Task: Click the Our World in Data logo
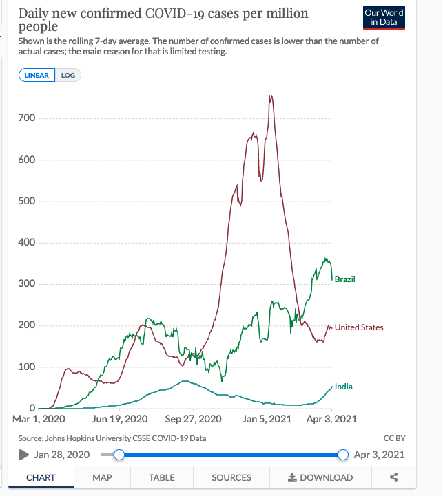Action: tap(384, 18)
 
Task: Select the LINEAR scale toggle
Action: tap(37, 75)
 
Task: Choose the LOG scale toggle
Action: tap(68, 75)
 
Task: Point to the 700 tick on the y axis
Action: tap(27, 118)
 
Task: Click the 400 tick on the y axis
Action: tap(27, 242)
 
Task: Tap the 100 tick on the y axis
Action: tap(27, 367)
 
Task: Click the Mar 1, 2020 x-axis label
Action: tap(39, 418)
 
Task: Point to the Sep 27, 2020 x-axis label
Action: tap(194, 418)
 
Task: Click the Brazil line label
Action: tap(344, 279)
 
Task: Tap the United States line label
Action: tap(359, 327)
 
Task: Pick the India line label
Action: tap(344, 387)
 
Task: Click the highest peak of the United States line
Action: tap(271, 96)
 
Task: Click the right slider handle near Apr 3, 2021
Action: tap(343, 454)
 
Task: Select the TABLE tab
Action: tap(162, 477)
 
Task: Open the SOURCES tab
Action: tap(231, 477)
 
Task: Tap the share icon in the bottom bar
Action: tap(394, 477)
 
